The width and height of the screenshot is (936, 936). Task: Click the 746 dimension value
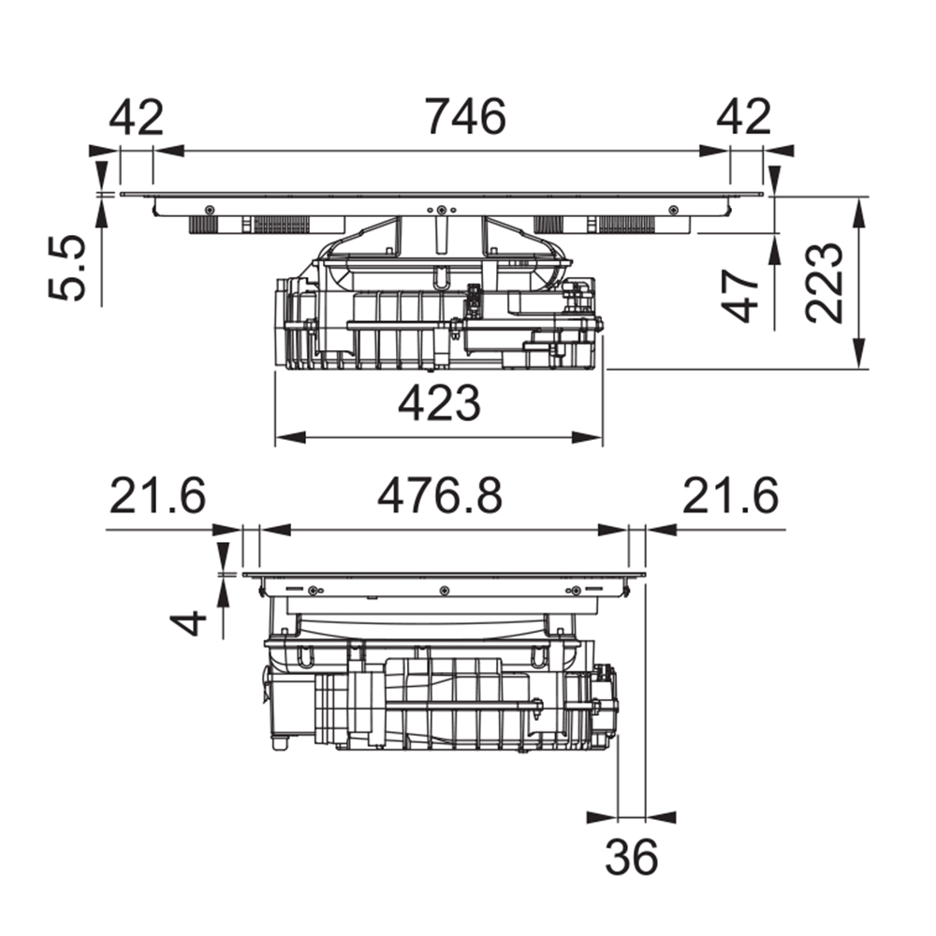tap(465, 116)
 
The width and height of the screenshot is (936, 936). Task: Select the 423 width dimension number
tap(439, 402)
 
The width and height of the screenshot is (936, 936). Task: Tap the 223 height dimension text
tap(825, 283)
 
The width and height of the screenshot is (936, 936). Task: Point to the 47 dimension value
tap(739, 296)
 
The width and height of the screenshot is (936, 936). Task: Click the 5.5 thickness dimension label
tap(66, 268)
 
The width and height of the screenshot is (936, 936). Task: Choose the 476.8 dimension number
tap(439, 495)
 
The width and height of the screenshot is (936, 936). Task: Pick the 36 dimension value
tap(632, 856)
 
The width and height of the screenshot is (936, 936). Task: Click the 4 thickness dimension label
tap(189, 624)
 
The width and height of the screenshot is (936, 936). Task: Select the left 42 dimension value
tap(136, 117)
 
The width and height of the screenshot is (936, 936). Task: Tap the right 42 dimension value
tap(744, 117)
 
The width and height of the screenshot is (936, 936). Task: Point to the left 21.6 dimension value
tap(157, 495)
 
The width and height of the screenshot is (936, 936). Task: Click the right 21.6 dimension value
tap(731, 495)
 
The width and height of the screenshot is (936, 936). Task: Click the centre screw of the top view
tap(441, 210)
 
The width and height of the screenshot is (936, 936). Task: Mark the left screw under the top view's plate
tap(209, 210)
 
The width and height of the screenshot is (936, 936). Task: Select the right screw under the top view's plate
tap(673, 210)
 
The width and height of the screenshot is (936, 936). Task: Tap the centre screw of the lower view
tap(444, 591)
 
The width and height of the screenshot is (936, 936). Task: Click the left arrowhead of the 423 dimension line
tap(290, 437)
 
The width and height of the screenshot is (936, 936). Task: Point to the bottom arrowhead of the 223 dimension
tap(858, 354)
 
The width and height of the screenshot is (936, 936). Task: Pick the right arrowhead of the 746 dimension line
tap(714, 151)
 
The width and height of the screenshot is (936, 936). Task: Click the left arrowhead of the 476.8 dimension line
tap(275, 530)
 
